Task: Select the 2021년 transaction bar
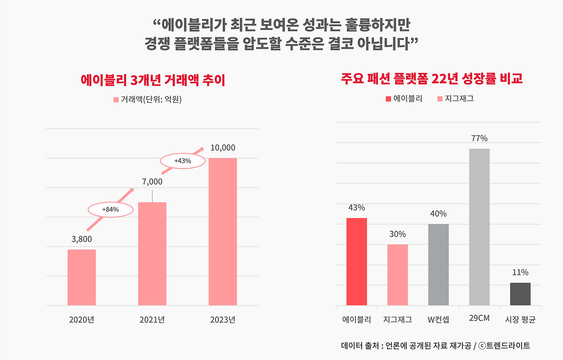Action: [x=152, y=254]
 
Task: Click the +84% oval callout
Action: [x=110, y=210]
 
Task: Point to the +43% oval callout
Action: [x=183, y=161]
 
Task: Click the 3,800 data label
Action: [x=82, y=240]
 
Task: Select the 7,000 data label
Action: [x=152, y=182]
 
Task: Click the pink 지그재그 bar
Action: [x=398, y=275]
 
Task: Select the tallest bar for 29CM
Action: [x=479, y=227]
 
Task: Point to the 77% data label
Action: [x=479, y=138]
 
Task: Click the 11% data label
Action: [x=520, y=273]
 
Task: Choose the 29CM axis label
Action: [x=479, y=318]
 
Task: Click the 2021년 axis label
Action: [x=152, y=320]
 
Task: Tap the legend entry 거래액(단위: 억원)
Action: [x=148, y=99]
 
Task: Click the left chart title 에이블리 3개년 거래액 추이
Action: [x=153, y=80]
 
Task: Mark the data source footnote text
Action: [x=435, y=345]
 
